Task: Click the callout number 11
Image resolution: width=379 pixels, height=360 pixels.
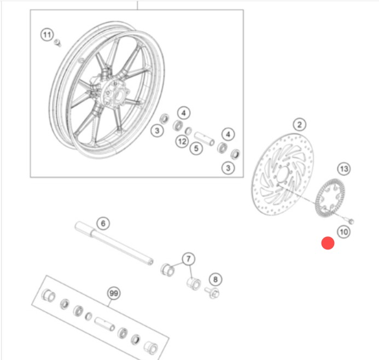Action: click(x=47, y=35)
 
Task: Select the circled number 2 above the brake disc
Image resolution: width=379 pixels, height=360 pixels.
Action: click(x=300, y=125)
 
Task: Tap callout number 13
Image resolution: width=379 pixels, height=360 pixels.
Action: click(x=344, y=169)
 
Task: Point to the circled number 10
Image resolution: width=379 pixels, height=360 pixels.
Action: click(x=343, y=232)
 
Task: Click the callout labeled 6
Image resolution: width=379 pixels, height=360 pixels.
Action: click(x=103, y=223)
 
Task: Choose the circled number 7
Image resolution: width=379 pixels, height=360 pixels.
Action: click(x=189, y=259)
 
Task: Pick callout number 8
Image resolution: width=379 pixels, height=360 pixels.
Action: click(x=215, y=280)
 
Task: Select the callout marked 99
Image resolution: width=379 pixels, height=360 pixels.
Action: click(x=114, y=293)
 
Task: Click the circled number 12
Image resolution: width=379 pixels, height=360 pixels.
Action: click(x=182, y=142)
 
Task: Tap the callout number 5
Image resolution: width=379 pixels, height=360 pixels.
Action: click(x=196, y=148)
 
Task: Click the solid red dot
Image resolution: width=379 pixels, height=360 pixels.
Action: click(x=328, y=243)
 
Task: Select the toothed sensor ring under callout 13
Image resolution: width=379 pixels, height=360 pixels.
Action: click(x=330, y=198)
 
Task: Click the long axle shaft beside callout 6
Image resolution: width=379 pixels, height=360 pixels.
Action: click(x=114, y=243)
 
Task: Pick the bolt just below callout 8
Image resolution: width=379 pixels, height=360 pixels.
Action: click(x=212, y=292)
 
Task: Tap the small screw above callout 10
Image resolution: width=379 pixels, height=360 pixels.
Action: click(x=348, y=220)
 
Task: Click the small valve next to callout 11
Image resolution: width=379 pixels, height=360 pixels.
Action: click(x=57, y=43)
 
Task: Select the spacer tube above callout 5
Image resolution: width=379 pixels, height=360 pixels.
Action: click(x=205, y=139)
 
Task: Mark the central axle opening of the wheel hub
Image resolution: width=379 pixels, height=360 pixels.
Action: click(x=119, y=95)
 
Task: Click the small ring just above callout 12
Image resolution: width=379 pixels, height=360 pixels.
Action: click(x=188, y=131)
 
